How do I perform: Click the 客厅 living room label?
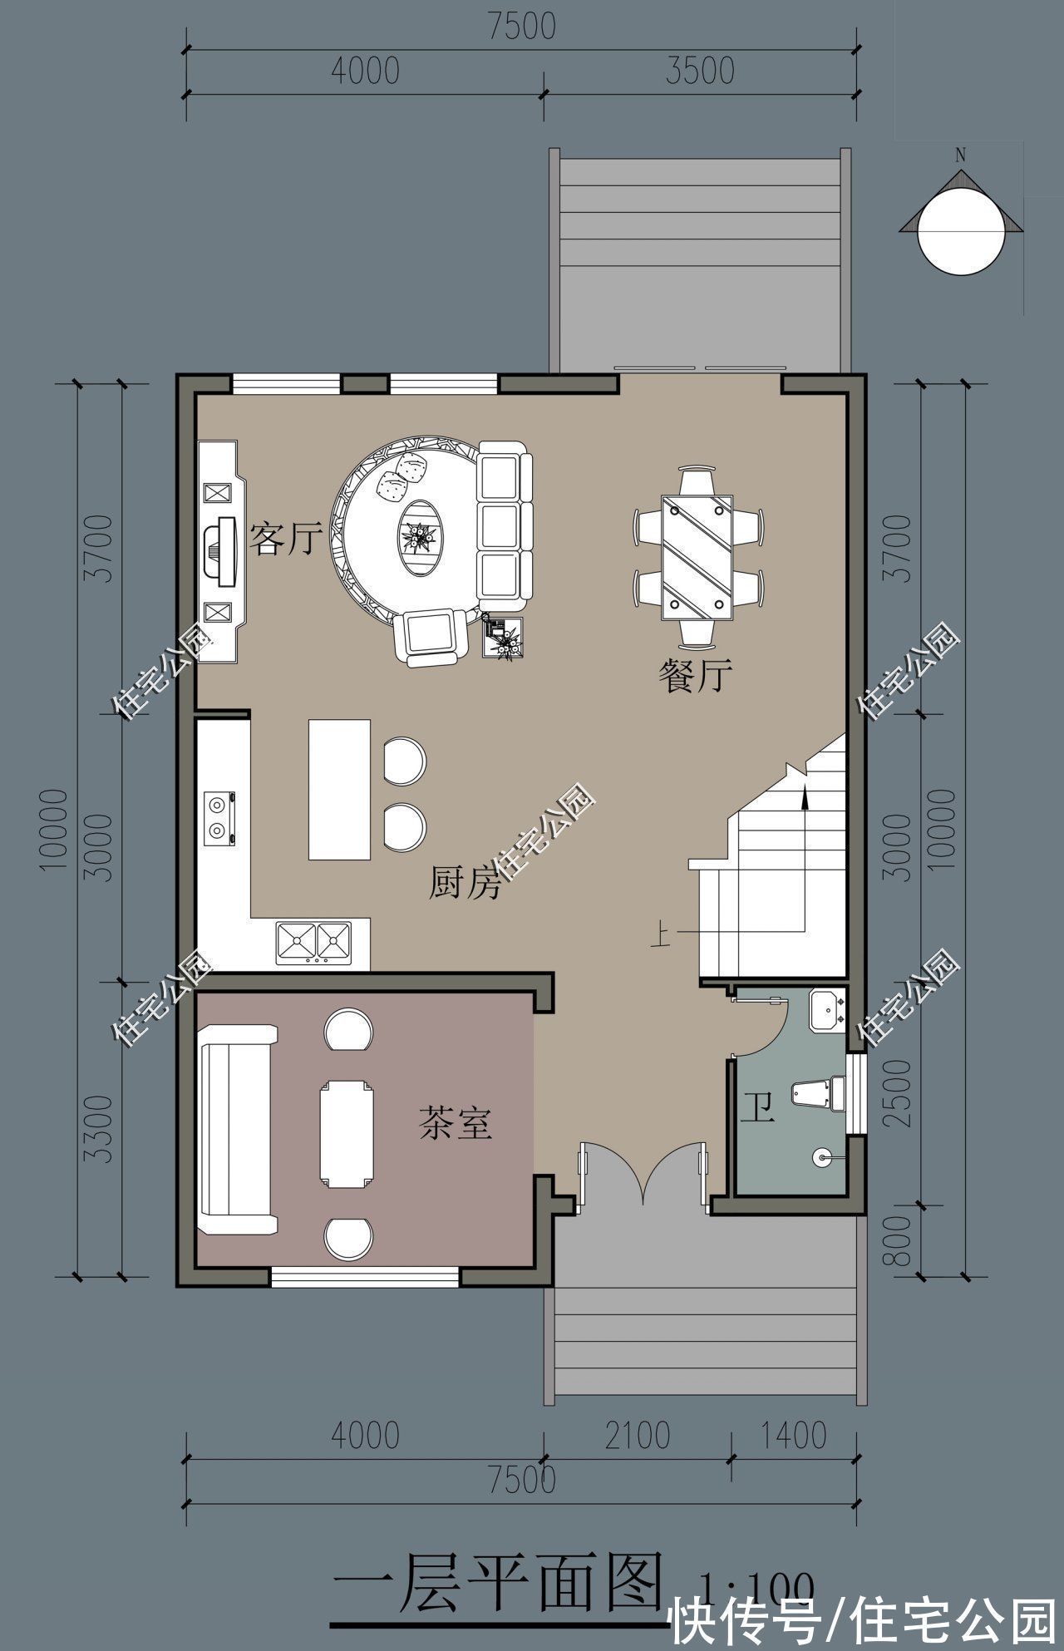[285, 540]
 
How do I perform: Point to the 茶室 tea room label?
[455, 1124]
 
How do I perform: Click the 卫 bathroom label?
[757, 1108]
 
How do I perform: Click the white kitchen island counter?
[340, 790]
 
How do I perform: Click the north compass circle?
[961, 231]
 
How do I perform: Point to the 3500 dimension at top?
[700, 71]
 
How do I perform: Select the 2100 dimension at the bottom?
[637, 1436]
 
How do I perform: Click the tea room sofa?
[236, 1130]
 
